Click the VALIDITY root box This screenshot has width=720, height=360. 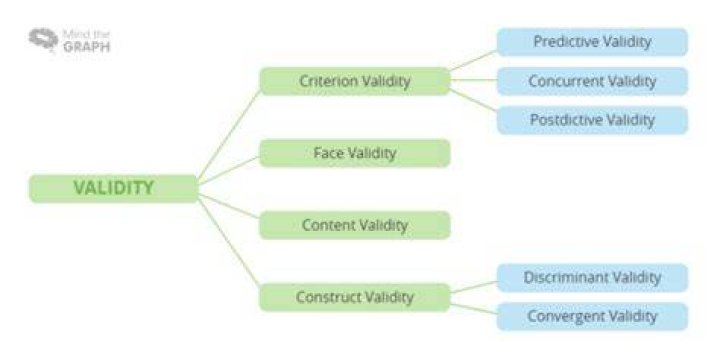point(113,188)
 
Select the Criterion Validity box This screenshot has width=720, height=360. point(354,81)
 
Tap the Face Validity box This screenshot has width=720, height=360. point(354,153)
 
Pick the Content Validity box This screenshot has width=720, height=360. point(354,225)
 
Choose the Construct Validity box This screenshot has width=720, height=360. point(354,297)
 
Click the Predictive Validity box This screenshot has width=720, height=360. point(592,42)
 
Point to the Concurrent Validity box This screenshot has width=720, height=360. point(592,81)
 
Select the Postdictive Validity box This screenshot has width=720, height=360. point(592,120)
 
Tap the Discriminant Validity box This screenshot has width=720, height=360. point(592,278)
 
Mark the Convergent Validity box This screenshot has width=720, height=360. point(592,316)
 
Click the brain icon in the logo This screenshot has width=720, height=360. point(44,39)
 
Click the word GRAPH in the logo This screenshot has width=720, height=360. point(87,47)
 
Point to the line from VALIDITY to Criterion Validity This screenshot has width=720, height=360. point(229,134)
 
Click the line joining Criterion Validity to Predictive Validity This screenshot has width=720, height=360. point(473,60)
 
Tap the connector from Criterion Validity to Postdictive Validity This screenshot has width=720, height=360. point(473,101)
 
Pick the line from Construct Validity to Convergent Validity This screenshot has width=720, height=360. point(473,309)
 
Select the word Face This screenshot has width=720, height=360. point(328,152)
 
